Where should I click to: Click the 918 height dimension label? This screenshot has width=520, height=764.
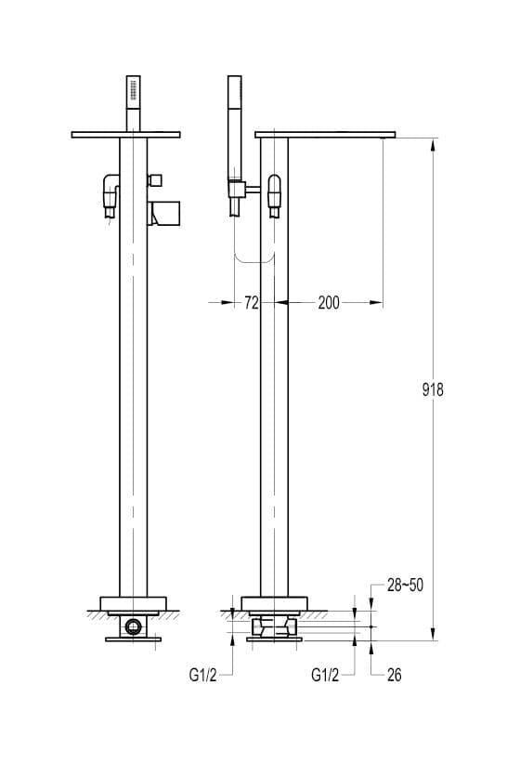(433, 389)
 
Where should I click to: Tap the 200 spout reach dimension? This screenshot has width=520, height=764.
(329, 303)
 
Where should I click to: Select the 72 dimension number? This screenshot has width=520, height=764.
(252, 303)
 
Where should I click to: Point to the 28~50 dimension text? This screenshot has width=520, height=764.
(405, 586)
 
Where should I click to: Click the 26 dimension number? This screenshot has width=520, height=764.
(395, 675)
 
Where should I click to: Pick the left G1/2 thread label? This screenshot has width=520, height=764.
(202, 676)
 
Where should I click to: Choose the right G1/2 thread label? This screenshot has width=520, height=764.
(325, 676)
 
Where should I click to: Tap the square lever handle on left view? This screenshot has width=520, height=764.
(164, 214)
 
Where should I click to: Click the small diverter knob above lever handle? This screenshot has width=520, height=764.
(155, 179)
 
